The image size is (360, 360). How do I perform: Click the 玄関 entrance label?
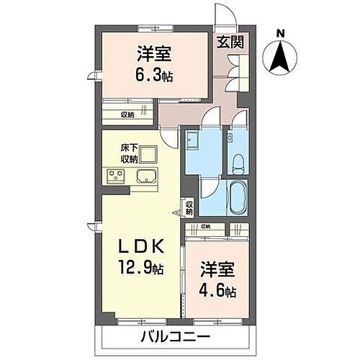[x=230, y=42]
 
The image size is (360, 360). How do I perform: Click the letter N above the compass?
[x=281, y=32]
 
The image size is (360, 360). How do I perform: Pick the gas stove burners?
[x=116, y=175]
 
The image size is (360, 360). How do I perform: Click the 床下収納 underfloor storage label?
[x=129, y=153]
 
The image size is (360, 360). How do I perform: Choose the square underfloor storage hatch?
[x=149, y=153]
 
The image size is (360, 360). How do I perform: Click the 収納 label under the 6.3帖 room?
[x=127, y=114]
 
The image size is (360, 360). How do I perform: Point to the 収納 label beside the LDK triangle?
[x=189, y=209]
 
